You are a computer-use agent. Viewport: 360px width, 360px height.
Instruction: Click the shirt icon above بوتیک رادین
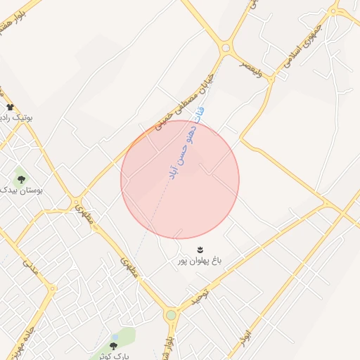point(10,107)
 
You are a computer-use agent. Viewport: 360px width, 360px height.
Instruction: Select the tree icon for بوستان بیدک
point(21,180)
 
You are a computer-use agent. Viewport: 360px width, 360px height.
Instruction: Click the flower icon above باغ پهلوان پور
point(200,250)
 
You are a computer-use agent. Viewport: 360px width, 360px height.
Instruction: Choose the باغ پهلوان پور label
point(199,261)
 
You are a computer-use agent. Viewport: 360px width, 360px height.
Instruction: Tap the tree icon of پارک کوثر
point(114,345)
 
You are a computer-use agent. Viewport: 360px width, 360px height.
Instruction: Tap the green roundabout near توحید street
point(171,315)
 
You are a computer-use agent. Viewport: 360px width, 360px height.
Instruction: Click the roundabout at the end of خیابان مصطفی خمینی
point(226,49)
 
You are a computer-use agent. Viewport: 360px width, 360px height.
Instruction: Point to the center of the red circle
point(180,179)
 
